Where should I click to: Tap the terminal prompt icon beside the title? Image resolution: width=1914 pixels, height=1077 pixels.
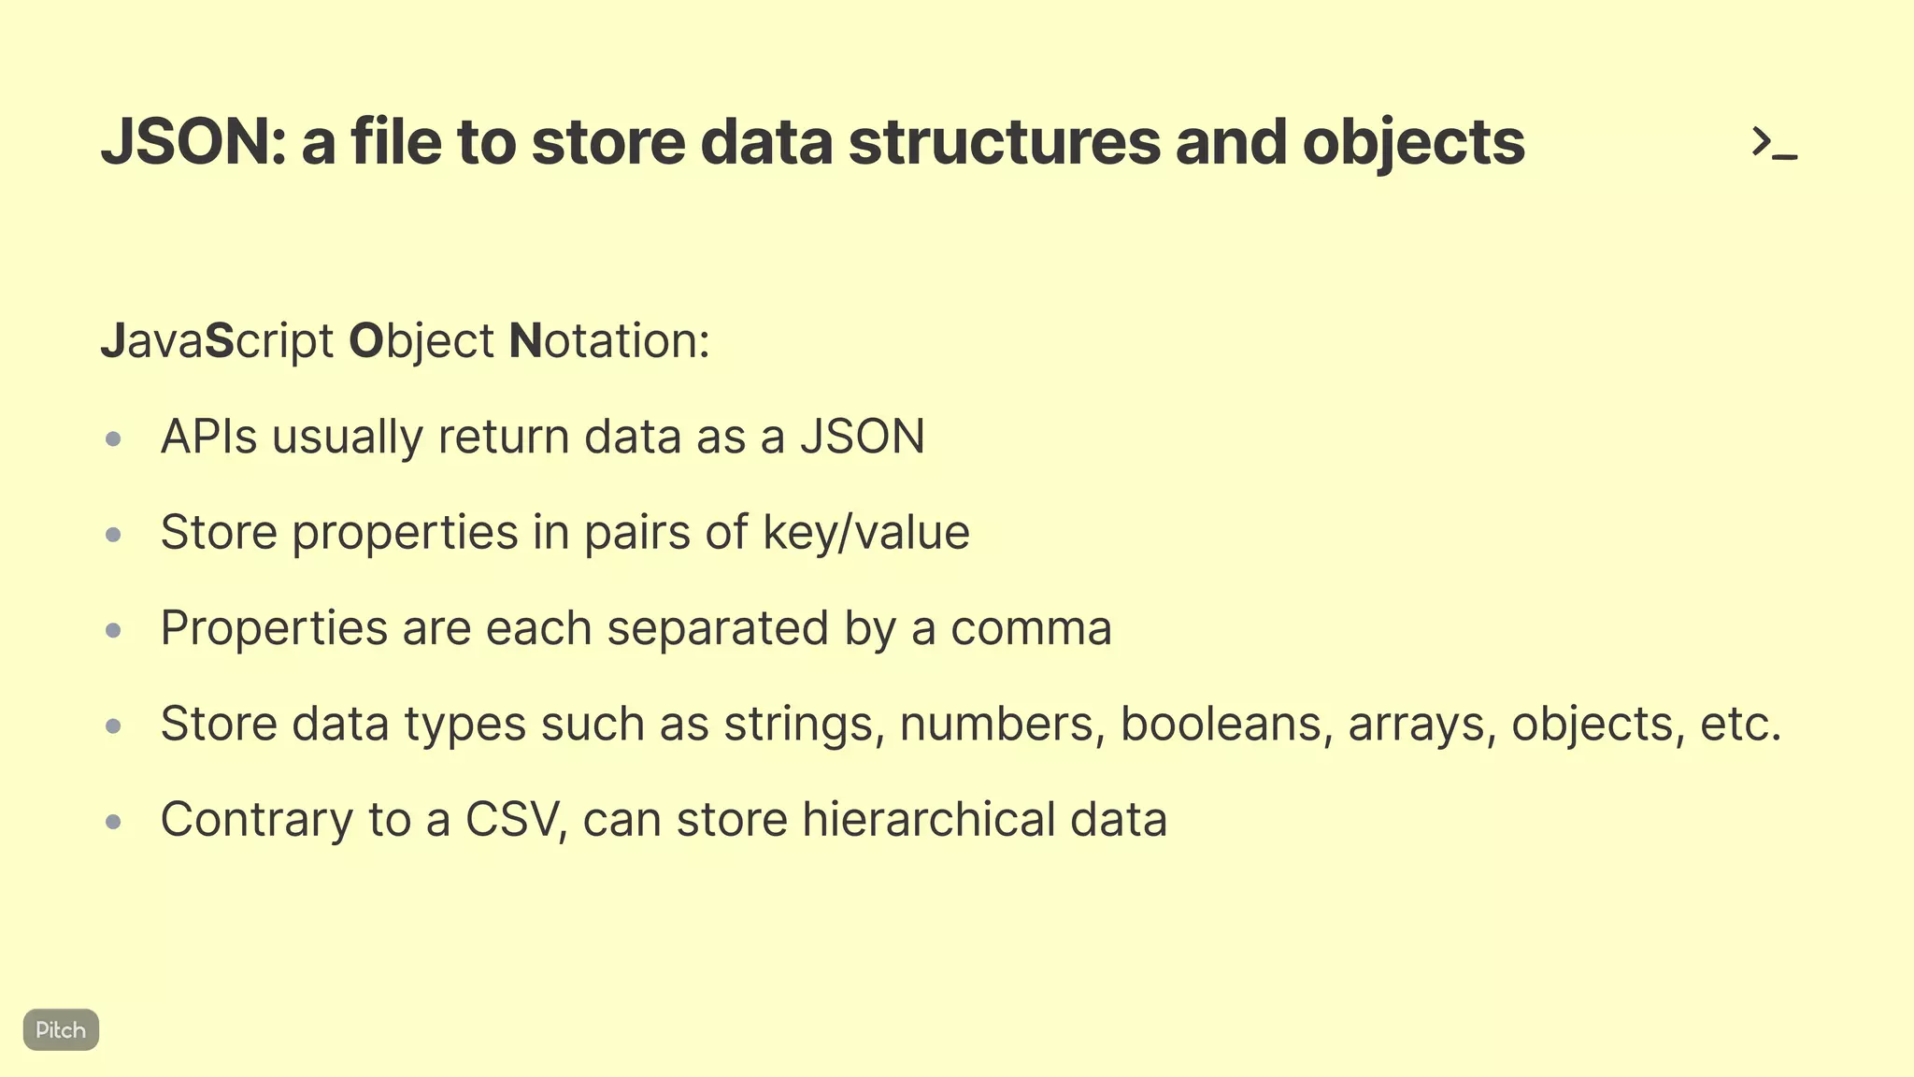pos(1774,144)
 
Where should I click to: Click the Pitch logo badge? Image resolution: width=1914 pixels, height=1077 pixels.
pos(61,1029)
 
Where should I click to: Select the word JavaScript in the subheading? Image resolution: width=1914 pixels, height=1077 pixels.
pos(217,340)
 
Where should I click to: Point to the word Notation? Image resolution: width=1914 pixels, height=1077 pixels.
pos(608,340)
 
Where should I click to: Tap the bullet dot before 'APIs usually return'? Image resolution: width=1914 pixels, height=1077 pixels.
pos(114,438)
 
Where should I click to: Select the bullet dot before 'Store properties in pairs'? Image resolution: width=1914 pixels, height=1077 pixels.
pos(114,535)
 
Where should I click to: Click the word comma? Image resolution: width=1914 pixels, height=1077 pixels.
pos(1031,628)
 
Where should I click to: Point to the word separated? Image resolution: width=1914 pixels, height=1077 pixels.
pos(718,628)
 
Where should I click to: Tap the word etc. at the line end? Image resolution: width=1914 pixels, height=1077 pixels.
pos(1740,724)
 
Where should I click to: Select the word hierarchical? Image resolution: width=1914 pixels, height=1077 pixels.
pos(928,820)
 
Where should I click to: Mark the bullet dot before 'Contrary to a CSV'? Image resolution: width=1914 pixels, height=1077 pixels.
pos(114,822)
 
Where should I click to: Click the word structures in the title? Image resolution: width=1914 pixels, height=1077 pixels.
pos(1004,143)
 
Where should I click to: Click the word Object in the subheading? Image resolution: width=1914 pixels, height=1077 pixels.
pos(421,340)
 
